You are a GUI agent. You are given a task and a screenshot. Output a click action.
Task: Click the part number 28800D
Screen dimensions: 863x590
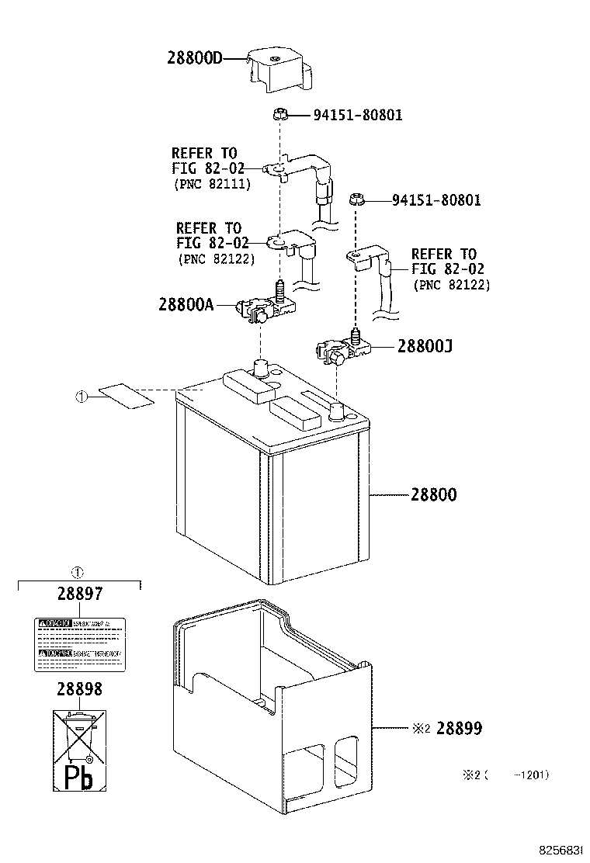click(x=195, y=57)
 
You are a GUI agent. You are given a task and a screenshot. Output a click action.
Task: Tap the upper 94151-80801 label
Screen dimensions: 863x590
click(x=358, y=116)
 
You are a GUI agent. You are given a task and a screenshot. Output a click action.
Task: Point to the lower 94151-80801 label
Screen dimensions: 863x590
click(x=436, y=200)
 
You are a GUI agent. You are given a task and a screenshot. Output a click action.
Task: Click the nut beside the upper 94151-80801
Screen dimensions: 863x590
click(x=281, y=115)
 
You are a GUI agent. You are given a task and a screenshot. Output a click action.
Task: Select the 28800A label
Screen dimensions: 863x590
click(x=186, y=305)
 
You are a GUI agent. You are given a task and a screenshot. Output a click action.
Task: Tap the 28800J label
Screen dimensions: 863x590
click(x=425, y=346)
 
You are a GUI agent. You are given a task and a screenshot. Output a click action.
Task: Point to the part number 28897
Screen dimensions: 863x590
click(x=79, y=594)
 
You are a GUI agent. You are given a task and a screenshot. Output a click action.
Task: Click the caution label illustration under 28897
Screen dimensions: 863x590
click(x=79, y=643)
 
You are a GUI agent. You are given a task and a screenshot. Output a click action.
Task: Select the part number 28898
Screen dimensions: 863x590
click(x=78, y=688)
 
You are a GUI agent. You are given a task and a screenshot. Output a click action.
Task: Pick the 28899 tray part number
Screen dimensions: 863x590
click(x=459, y=728)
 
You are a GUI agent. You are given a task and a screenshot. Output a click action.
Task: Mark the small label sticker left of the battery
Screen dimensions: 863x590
click(x=128, y=396)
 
